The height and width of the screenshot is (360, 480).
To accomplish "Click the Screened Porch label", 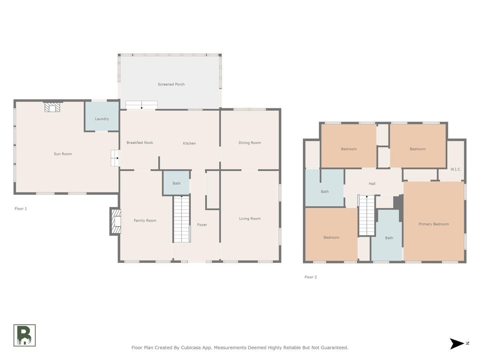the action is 171,84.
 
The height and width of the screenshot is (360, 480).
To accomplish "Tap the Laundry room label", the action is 102,119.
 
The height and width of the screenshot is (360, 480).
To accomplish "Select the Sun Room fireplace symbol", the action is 52,107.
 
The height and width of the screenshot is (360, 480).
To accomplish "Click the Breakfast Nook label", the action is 140,142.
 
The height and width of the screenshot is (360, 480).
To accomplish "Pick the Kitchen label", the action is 189,143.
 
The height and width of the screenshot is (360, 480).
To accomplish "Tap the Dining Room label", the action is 250,143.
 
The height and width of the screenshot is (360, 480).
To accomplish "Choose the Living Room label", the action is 250,218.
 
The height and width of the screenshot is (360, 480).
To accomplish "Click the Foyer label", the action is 202,225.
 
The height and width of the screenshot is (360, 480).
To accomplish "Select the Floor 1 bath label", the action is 176,183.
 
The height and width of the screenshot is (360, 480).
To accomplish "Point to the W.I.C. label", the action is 456,169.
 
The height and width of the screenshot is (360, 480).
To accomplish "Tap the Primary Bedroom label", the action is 434,224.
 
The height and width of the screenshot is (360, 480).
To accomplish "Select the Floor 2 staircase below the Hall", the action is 367,215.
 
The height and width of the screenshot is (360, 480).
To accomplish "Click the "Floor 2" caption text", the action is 310,277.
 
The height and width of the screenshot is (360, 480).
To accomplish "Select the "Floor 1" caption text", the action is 20,209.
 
